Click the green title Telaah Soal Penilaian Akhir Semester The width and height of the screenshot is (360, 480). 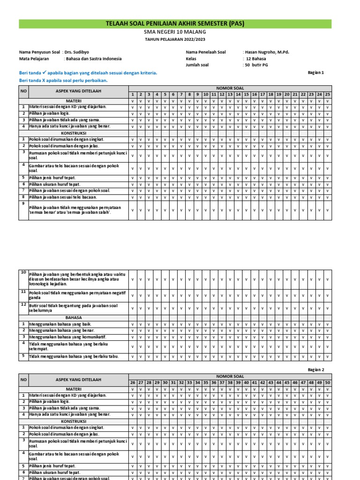[175, 24]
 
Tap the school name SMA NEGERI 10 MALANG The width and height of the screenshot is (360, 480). [175, 32]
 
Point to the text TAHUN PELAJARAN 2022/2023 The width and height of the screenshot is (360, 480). [175, 40]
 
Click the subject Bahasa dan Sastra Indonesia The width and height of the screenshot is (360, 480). [93, 59]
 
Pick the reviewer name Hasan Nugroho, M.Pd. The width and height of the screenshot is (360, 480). [267, 52]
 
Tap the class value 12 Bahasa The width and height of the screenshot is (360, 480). [255, 59]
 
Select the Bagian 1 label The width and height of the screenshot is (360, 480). [315, 73]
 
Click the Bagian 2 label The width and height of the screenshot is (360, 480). [315, 370]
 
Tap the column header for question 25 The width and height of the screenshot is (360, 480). [327, 95]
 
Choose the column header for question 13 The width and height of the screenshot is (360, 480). [230, 95]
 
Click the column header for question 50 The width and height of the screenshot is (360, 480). [327, 383]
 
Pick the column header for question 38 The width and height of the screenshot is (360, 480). [230, 383]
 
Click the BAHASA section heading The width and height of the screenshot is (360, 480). [74, 317]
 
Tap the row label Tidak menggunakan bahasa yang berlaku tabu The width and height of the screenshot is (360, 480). [74, 357]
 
